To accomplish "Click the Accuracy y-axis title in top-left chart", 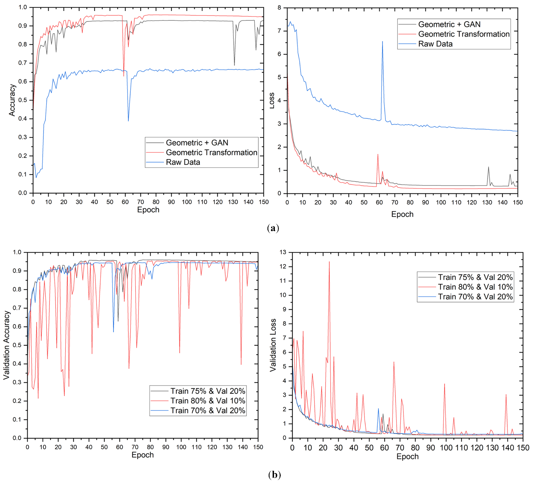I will tap(12, 100).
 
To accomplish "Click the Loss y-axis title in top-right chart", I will tap(272, 101).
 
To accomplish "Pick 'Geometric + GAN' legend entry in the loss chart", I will tap(449, 24).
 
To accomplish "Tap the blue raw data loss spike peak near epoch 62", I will tap(382, 42).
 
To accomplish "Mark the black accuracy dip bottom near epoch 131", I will tap(234, 65).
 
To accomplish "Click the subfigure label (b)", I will tap(274, 475).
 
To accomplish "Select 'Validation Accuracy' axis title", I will tap(6, 345).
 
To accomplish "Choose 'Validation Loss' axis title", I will tap(273, 345).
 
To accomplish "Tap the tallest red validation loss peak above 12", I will tap(329, 262).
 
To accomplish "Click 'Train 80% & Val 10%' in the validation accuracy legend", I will tap(208, 401).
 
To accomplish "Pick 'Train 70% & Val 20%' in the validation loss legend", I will tap(475, 297).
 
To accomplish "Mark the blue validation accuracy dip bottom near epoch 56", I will tap(113, 332).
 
